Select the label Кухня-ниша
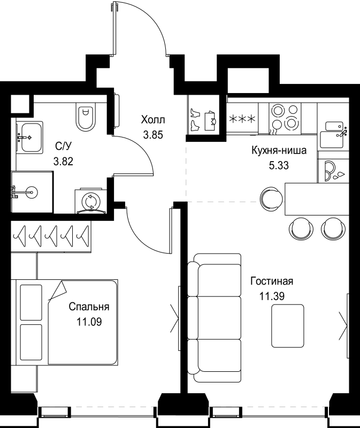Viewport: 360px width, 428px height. [x=279, y=151]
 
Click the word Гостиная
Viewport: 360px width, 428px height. [x=272, y=281]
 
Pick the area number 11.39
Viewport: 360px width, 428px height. [x=272, y=296]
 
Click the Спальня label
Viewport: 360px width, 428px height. [x=89, y=307]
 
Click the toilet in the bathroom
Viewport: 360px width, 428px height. [x=85, y=118]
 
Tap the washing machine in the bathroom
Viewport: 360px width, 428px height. [x=90, y=201]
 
